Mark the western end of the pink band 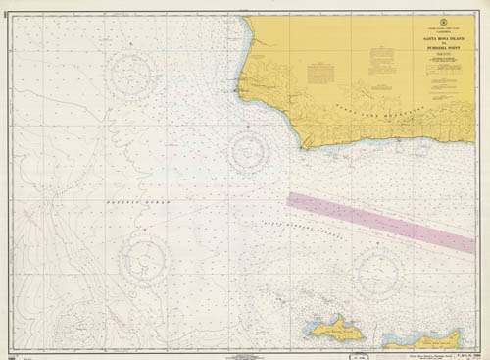click(x=290, y=198)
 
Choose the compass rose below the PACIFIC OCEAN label click(x=144, y=257)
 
